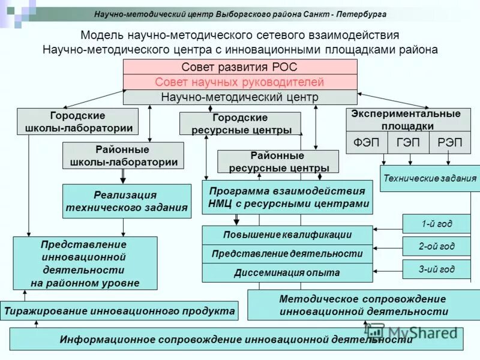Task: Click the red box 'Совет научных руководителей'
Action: tap(239, 82)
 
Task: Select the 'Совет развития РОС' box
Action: tap(239, 67)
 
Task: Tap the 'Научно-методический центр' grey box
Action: tap(239, 97)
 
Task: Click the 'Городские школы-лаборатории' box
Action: tap(77, 121)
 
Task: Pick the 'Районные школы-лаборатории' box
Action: tap(123, 155)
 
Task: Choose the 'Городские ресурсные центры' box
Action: tap(240, 124)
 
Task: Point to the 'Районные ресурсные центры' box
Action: tap(277, 161)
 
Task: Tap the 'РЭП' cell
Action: tap(449, 143)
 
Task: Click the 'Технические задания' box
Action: tap(430, 178)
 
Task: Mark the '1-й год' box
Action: tap(436, 224)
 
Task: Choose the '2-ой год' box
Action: tap(436, 246)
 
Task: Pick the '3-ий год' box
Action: tap(436, 269)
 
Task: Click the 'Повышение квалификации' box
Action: tap(287, 235)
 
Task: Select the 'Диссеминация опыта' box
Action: tap(287, 272)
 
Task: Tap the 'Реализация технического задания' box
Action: tap(125, 201)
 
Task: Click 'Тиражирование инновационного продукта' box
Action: tap(119, 311)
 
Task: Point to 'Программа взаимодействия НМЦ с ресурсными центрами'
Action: tap(287, 197)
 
